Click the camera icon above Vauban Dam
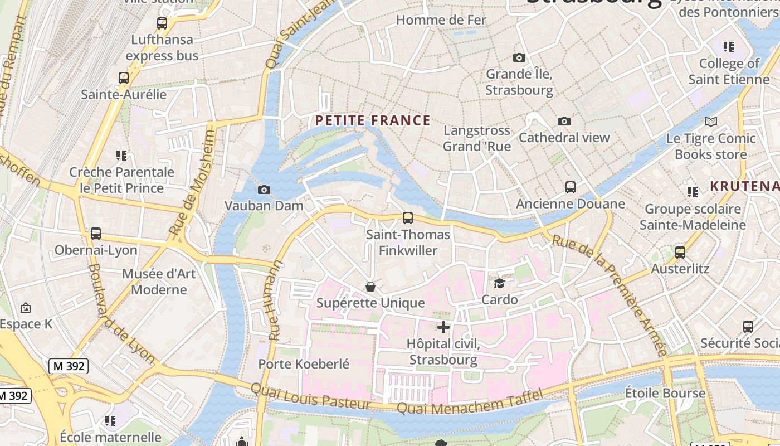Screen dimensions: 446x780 [265, 190]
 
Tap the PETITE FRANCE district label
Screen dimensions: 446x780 [373, 120]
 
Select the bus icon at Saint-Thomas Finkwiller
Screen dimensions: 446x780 [408, 218]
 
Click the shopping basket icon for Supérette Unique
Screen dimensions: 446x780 [370, 287]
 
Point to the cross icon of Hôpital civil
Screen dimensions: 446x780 [443, 327]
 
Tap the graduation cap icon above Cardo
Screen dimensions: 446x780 [499, 284]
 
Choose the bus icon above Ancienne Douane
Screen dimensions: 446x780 [571, 187]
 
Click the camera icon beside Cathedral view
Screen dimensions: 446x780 [564, 121]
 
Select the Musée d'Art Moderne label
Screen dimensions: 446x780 [159, 282]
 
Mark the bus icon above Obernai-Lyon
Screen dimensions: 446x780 [96, 234]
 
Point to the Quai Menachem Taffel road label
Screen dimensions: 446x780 [469, 403]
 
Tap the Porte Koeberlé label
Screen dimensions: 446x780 [304, 364]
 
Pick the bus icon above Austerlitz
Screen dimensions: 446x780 [680, 253]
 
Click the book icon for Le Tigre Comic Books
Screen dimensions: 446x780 [711, 122]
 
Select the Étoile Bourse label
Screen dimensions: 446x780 [665, 393]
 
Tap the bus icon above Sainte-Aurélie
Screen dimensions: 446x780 [124, 78]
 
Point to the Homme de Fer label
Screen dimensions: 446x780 [441, 20]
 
